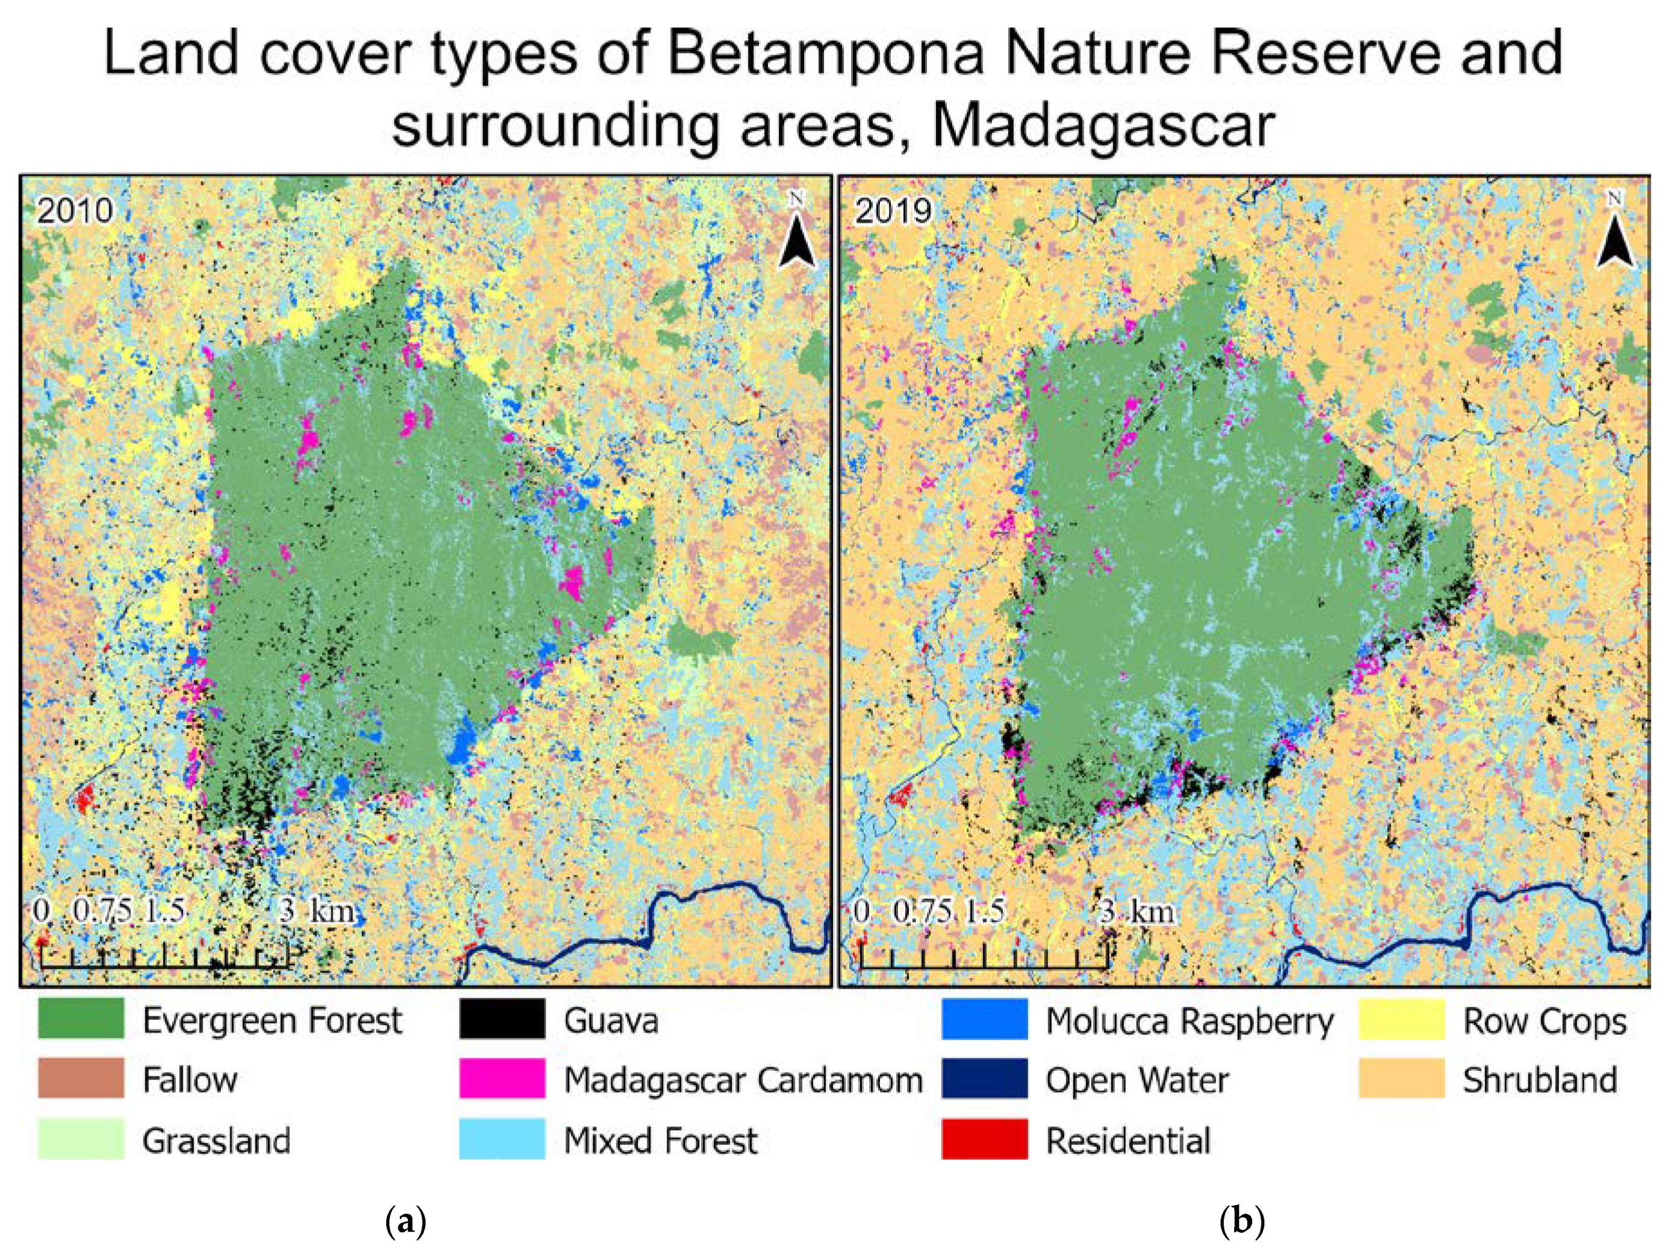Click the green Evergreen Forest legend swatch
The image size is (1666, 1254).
click(x=81, y=1020)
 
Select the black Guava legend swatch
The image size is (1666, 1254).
click(x=502, y=1020)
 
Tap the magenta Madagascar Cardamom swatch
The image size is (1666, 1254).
click(x=502, y=1079)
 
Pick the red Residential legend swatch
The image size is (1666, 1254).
click(x=984, y=1139)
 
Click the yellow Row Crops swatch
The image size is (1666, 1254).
click(x=1402, y=1020)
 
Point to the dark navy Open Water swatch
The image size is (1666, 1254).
click(x=984, y=1079)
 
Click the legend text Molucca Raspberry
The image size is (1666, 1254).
click(x=1189, y=1022)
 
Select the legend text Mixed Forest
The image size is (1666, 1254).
click(x=661, y=1140)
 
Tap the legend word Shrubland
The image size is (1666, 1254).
click(x=1540, y=1080)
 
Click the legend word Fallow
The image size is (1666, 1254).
click(x=190, y=1080)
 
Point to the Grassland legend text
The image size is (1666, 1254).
click(x=216, y=1140)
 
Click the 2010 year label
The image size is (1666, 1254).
click(x=75, y=210)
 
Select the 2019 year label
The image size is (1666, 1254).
click(x=893, y=210)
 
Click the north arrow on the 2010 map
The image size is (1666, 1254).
click(x=797, y=234)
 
